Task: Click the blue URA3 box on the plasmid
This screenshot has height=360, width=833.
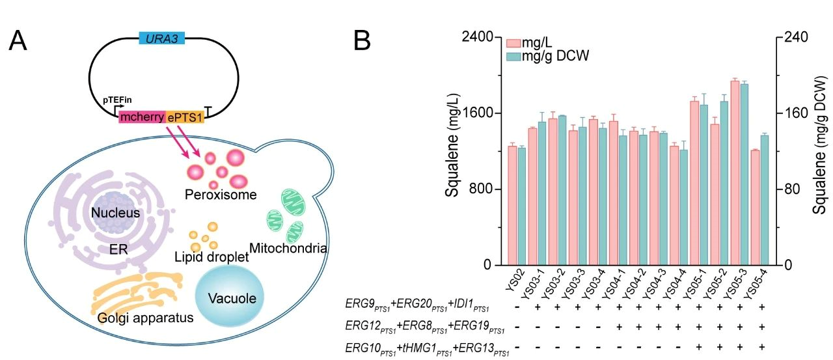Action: pyautogui.click(x=162, y=38)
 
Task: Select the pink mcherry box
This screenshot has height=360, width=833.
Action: pyautogui.click(x=143, y=117)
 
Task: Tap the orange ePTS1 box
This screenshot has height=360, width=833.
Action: pyautogui.click(x=186, y=117)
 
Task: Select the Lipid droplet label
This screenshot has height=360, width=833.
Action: pyautogui.click(x=212, y=257)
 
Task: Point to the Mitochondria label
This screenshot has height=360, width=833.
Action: pyautogui.click(x=288, y=248)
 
